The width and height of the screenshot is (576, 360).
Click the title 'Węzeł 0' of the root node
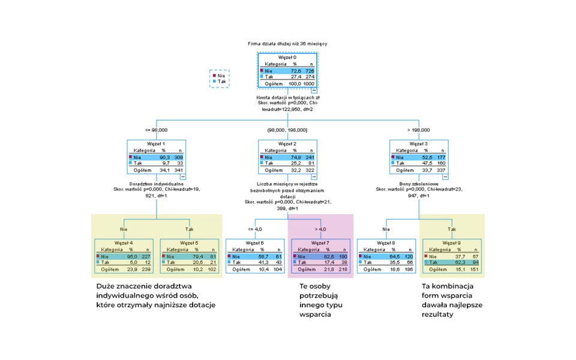287,57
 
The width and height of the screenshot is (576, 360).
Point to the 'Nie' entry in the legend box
221,76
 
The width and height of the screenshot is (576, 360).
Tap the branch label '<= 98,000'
156,130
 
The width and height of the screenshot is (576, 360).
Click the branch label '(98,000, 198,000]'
287,130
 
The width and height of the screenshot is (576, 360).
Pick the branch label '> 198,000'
419,130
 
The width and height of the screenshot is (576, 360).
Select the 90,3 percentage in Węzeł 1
161,157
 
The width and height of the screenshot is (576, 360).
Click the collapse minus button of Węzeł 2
314,176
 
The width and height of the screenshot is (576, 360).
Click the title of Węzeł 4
124,242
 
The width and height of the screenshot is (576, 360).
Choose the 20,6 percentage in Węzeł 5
194,262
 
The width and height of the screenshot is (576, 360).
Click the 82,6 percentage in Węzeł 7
325,256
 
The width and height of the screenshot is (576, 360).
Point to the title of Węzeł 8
386,242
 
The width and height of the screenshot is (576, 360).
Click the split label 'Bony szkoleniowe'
419,184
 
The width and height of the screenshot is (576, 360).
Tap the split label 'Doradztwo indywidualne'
156,184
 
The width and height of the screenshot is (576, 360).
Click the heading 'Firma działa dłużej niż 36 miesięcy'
287,44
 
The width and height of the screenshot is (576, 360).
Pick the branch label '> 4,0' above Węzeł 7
320,229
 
